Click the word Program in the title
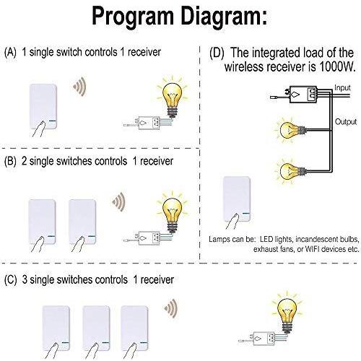133,17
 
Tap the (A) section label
10,52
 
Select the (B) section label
10,161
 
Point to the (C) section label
11,279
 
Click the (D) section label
217,53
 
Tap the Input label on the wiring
342,88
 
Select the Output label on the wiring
346,122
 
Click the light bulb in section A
173,97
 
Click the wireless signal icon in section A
80,87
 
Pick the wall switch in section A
43,107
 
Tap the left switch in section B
43,222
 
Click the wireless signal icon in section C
171,308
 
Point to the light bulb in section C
287,312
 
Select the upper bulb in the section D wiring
291,130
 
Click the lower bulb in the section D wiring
291,171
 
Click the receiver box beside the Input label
303,95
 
